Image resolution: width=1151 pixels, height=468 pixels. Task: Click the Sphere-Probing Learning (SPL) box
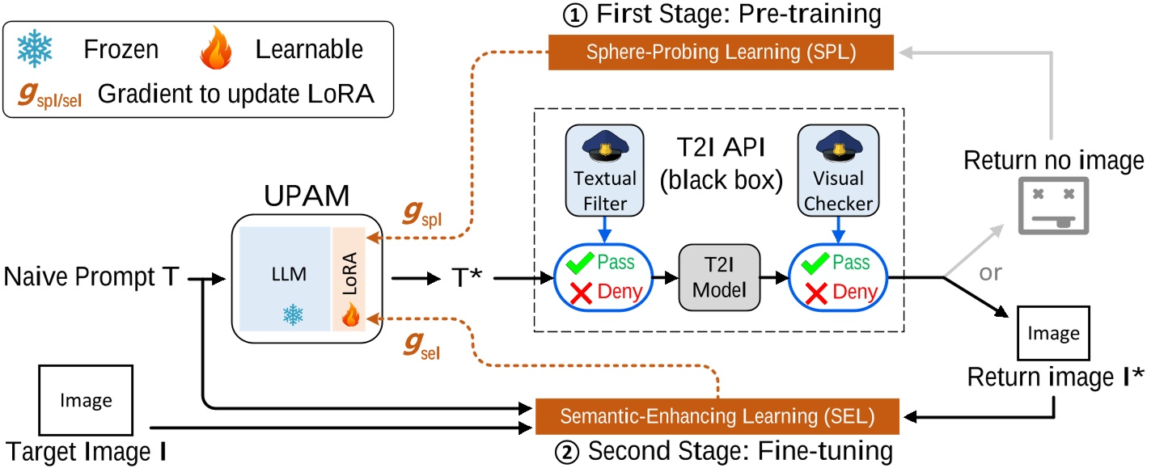pos(721,53)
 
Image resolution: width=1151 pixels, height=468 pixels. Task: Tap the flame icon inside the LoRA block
pos(349,317)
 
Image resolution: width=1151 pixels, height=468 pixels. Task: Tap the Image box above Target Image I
pos(86,399)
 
